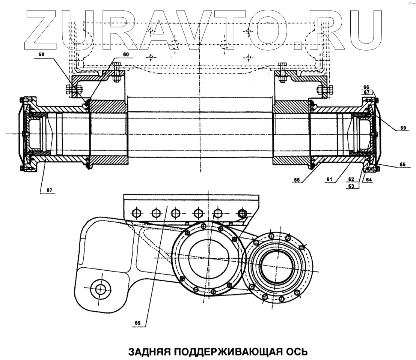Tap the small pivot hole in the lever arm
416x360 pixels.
pos(100,289)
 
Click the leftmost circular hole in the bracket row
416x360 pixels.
pos(136,213)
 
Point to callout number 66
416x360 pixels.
pos(366,87)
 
